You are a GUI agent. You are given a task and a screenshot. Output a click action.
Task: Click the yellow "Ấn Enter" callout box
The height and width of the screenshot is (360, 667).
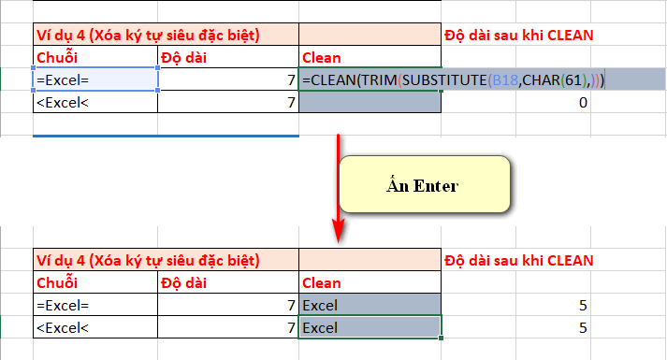pos(423,184)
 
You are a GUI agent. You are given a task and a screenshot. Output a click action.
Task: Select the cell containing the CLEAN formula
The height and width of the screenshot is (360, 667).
pos(370,80)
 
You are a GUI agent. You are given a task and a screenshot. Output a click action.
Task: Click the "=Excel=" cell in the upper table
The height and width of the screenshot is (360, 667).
pos(94,80)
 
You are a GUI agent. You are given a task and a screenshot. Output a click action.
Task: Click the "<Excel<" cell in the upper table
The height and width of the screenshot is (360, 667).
pos(94,103)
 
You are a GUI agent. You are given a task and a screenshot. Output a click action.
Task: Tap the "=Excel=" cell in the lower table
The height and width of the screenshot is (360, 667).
pos(94,305)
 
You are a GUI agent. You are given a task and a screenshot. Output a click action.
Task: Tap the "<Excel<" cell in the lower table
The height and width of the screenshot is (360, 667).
pos(94,327)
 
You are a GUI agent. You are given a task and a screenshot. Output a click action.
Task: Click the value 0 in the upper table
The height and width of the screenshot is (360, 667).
pos(582,103)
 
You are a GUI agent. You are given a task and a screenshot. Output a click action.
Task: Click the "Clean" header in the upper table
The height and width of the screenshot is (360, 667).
pos(322,58)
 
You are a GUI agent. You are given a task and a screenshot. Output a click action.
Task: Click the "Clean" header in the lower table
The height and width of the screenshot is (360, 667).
pos(322,281)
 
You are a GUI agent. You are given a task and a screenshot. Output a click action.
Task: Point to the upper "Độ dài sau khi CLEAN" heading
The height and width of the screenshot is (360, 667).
pos(519,36)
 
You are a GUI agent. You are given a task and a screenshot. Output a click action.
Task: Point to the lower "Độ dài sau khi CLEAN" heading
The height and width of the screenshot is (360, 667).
pos(519,259)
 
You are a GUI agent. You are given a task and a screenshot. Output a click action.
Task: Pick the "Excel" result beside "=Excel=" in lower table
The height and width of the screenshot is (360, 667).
pos(321,305)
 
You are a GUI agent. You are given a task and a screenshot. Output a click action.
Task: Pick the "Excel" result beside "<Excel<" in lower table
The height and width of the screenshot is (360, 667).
pos(321,327)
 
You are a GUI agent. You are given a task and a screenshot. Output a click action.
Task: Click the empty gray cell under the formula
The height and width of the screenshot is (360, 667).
pos(370,103)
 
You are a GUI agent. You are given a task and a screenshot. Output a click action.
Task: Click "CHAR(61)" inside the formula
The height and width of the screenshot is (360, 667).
pos(544,80)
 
